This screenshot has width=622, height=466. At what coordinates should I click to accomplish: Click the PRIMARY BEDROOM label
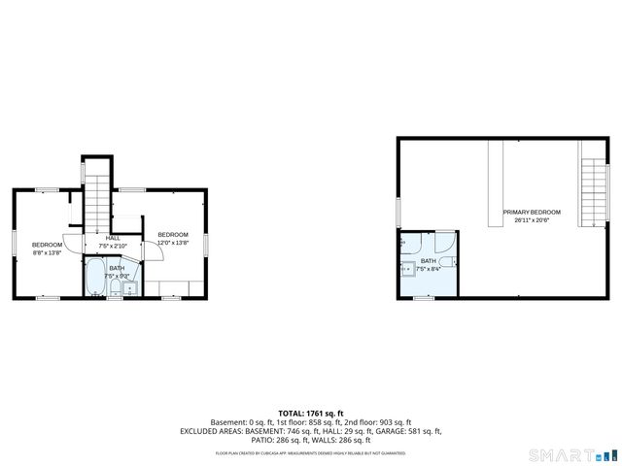(532, 212)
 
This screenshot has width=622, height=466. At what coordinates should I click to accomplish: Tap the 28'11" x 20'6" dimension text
(532, 220)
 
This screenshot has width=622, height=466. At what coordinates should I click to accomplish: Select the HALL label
(113, 238)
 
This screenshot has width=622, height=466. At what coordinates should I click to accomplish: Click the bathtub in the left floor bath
(95, 277)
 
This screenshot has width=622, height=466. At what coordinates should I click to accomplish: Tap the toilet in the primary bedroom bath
(446, 262)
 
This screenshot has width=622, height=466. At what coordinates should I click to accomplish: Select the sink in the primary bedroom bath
(407, 264)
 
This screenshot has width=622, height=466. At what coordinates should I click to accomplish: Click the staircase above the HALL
(96, 199)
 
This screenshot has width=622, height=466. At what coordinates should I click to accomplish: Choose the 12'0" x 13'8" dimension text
(173, 243)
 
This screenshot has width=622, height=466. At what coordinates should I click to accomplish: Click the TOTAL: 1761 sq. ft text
(311, 414)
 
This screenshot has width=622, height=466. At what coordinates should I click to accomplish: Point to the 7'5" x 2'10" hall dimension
(113, 245)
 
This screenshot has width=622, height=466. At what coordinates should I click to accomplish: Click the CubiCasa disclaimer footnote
(311, 452)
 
